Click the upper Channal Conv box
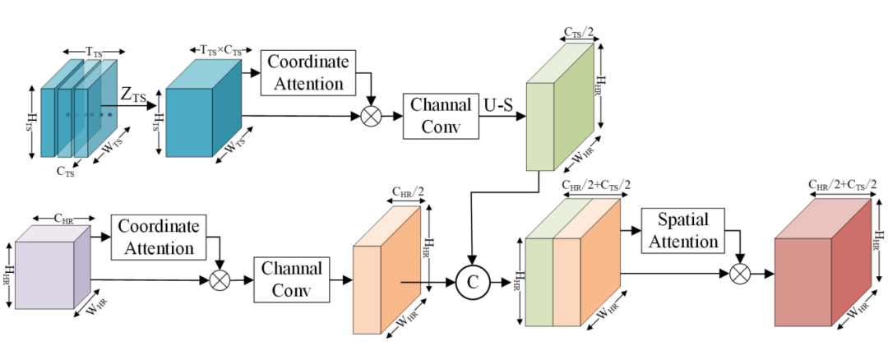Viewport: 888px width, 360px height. coord(442,115)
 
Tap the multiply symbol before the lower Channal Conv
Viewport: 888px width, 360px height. coord(219,280)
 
